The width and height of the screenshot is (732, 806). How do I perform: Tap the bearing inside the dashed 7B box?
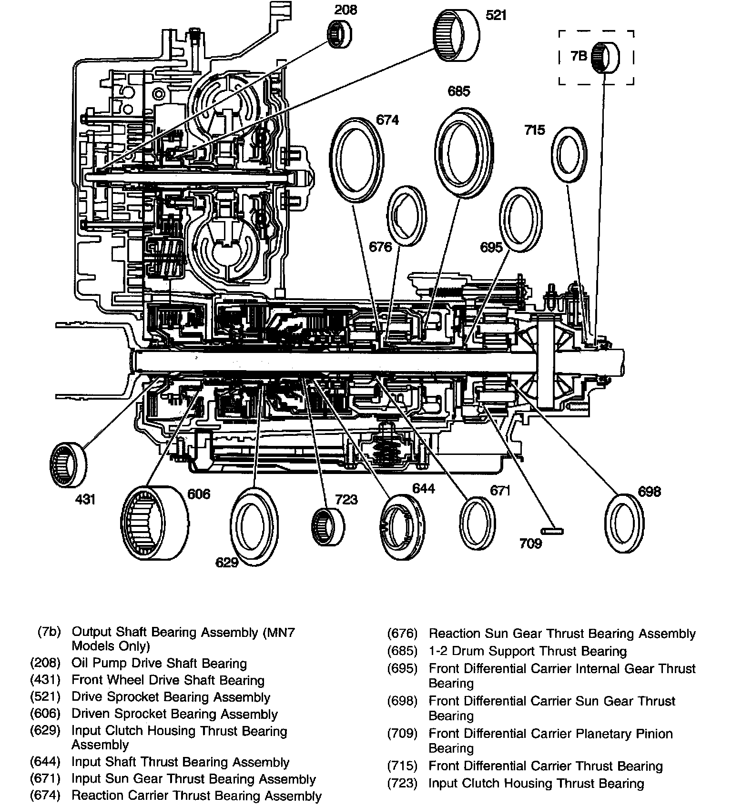(x=605, y=57)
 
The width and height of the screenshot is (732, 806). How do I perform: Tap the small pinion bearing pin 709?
(x=552, y=531)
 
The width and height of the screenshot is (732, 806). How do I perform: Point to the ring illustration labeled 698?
(x=624, y=524)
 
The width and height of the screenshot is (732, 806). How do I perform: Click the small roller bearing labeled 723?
(x=328, y=526)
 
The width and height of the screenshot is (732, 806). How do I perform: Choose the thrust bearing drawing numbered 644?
(x=403, y=526)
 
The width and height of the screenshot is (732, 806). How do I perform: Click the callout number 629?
(x=227, y=563)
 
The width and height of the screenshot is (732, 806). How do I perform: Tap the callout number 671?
(x=500, y=490)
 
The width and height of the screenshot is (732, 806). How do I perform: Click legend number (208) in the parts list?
(x=45, y=664)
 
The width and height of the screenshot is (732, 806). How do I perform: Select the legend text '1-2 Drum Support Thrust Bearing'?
(x=528, y=651)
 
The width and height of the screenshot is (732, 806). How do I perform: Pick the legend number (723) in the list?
(x=402, y=783)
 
